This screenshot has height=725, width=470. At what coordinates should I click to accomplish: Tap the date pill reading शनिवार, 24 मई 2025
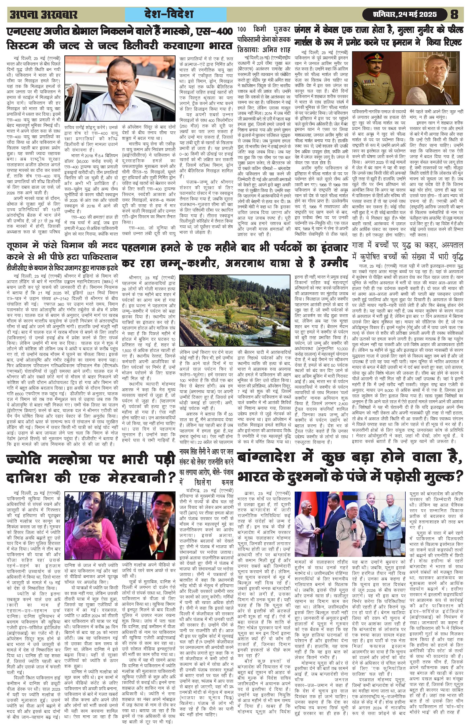click(405, 14)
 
